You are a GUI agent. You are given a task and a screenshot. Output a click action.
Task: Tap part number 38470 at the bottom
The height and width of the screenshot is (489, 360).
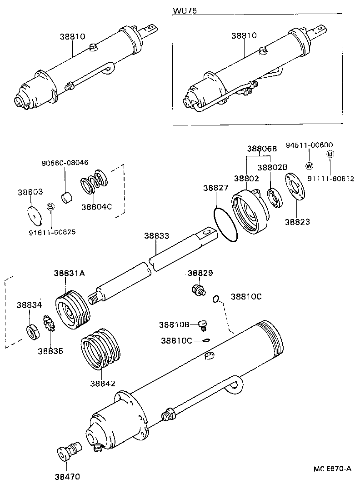67,477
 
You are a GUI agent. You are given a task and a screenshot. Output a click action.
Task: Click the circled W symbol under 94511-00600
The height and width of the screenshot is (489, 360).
309,165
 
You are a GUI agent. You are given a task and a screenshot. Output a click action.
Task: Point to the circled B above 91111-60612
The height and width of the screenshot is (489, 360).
330,155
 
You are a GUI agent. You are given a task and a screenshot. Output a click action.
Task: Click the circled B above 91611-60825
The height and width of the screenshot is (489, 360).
51,207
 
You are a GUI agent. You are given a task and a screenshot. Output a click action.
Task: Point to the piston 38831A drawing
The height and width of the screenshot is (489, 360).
72,311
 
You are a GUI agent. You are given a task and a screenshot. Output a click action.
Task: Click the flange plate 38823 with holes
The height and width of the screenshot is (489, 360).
296,186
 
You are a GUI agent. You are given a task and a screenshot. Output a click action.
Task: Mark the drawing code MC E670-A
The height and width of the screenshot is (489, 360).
332,469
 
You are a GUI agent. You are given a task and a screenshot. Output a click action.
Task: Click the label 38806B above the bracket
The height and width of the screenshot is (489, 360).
262,149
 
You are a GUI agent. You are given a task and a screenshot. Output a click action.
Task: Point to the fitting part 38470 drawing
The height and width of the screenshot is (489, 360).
69,450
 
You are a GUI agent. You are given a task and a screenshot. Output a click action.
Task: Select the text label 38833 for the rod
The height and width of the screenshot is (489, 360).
157,236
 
